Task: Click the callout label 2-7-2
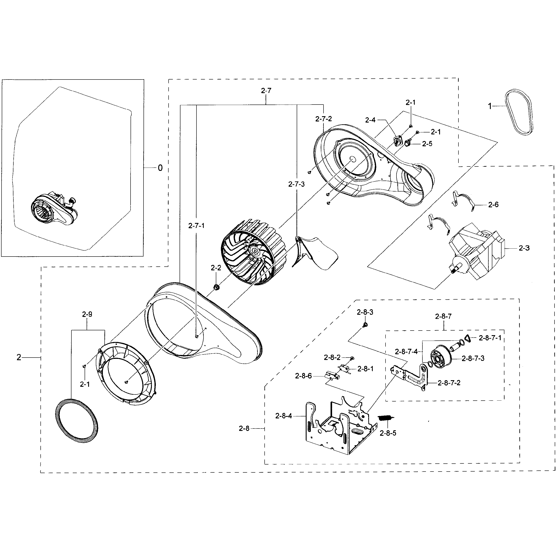click(x=324, y=119)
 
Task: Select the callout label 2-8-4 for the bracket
click(x=283, y=416)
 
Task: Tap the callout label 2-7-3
click(x=296, y=184)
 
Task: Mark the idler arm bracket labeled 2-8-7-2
click(x=413, y=376)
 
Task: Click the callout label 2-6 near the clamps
click(x=493, y=204)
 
